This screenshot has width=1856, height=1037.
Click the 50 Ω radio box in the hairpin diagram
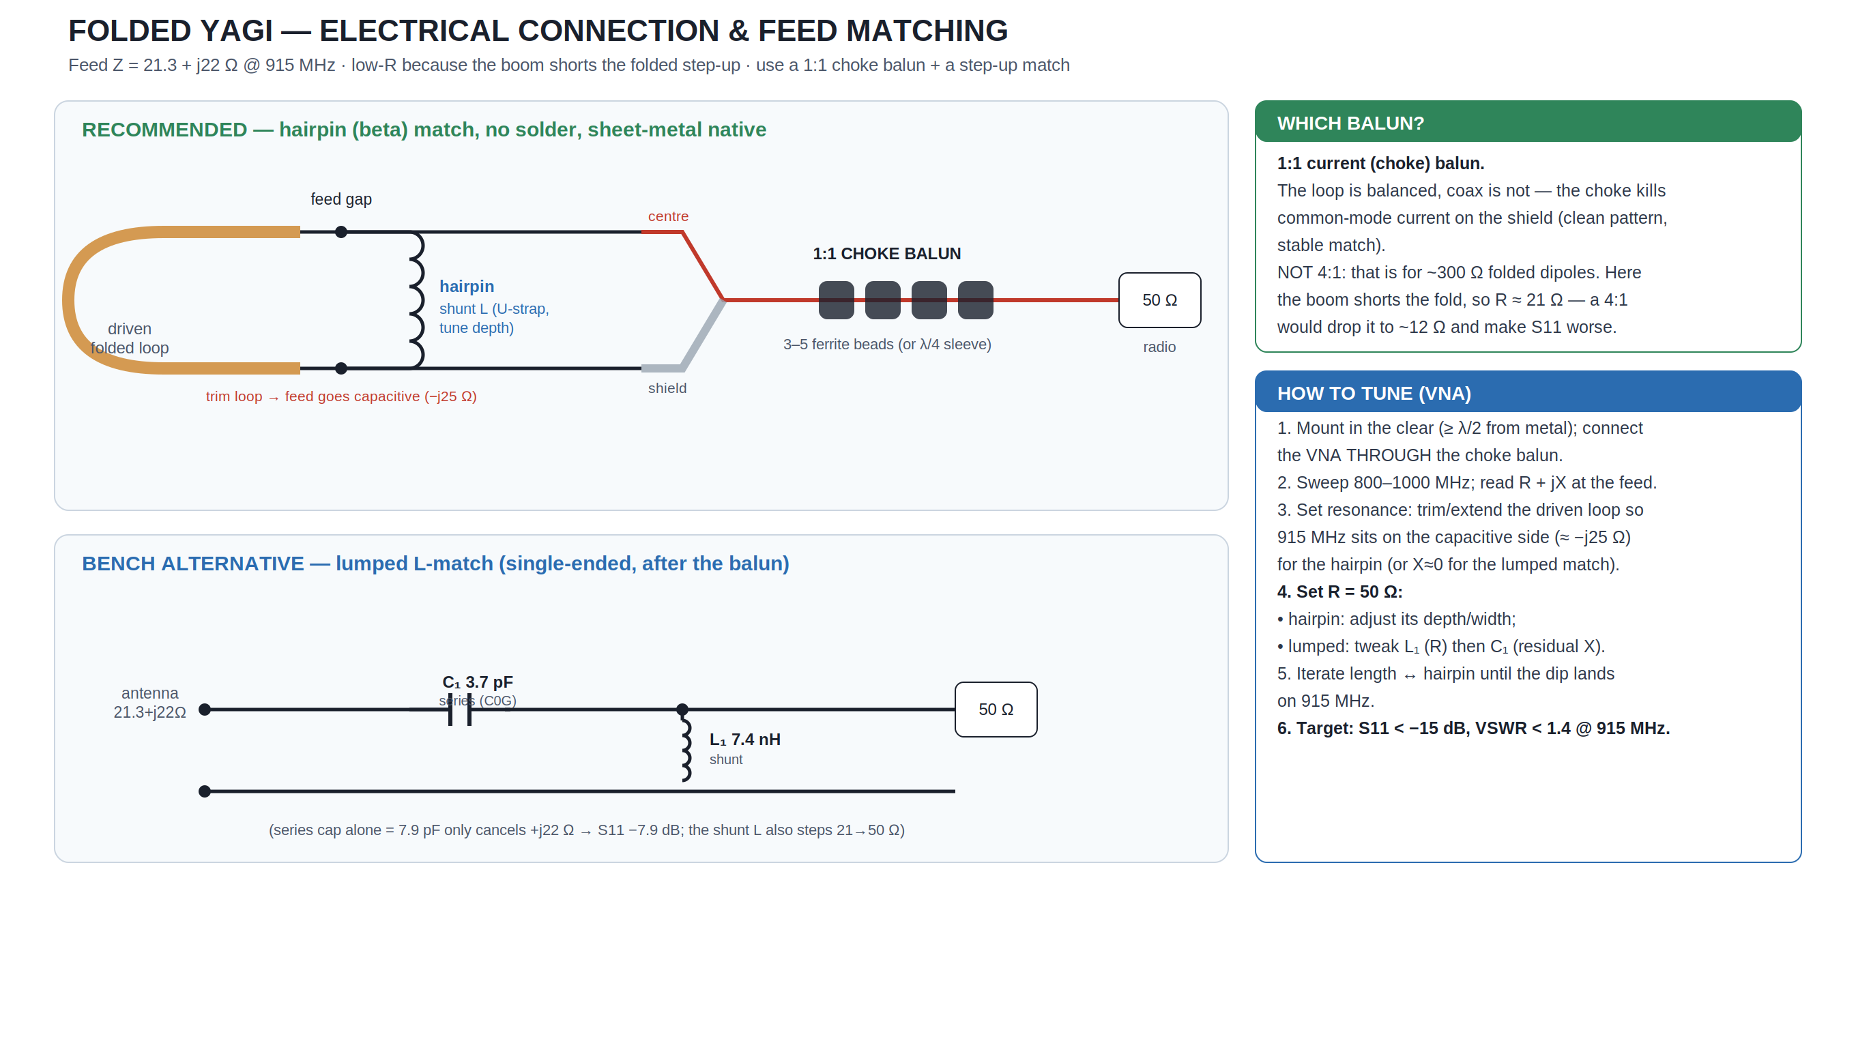coord(1159,300)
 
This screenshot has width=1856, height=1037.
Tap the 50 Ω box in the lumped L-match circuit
coord(996,710)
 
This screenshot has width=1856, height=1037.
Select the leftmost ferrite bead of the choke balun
coord(837,300)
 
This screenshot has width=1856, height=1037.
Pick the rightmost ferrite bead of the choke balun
coord(976,300)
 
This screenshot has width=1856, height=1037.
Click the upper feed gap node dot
coord(341,232)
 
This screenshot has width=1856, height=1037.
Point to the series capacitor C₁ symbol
coord(460,710)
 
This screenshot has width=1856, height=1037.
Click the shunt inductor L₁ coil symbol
coord(686,749)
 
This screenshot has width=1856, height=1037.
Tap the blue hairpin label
coord(467,287)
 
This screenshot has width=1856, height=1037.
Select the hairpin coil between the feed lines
coord(416,300)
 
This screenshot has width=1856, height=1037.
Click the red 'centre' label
coord(668,216)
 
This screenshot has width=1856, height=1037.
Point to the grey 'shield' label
coord(667,388)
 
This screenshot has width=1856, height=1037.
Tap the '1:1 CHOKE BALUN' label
coord(887,254)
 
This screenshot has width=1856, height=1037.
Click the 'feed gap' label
coord(340,199)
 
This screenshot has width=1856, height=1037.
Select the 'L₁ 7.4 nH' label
coord(745,740)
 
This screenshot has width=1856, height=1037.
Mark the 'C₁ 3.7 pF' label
coord(478,682)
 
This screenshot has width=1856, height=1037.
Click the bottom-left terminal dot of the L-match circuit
coord(205,791)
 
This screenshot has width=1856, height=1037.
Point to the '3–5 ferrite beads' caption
coord(887,345)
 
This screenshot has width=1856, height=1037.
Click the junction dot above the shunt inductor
coord(682,710)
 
